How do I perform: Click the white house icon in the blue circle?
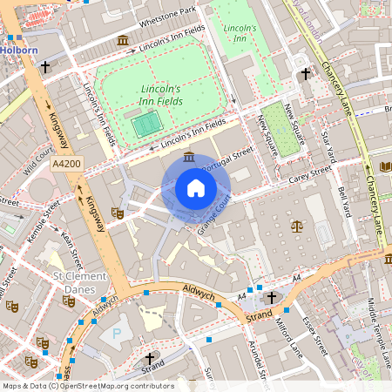point(196,188)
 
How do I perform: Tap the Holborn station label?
point(18,50)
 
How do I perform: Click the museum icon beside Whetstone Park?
point(123,41)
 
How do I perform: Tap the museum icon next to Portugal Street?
point(190,157)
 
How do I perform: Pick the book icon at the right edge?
point(386,166)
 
